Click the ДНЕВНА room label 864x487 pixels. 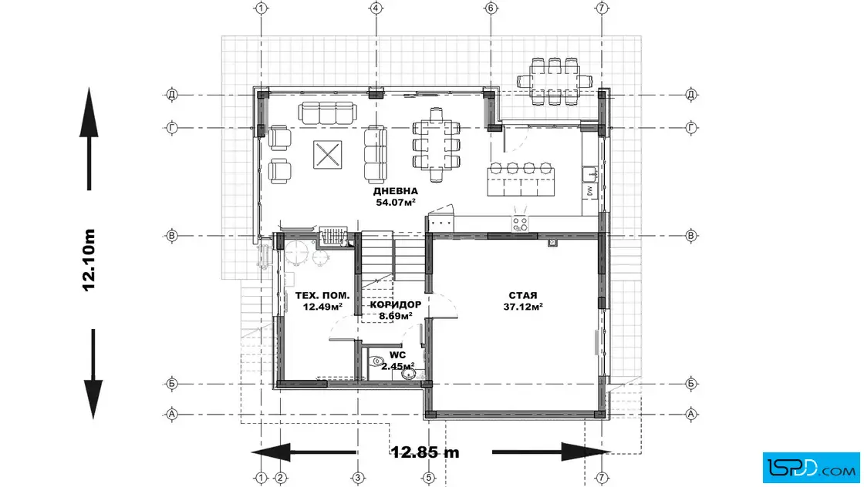pos(396,192)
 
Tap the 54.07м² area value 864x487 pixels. pos(396,202)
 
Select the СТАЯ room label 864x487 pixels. pos(523,295)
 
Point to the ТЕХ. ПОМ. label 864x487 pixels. pos(322,296)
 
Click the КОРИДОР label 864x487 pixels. pos(396,305)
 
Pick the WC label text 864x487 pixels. pos(397,355)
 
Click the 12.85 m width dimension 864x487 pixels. pos(425,452)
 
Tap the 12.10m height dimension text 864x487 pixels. pos(89,260)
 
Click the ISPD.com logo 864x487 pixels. pos(811,468)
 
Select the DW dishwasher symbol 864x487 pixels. pos(589,191)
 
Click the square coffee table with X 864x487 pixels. pos(327,155)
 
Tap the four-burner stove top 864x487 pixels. pos(520,223)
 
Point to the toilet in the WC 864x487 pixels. pos(377,361)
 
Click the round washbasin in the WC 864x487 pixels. pos(409,374)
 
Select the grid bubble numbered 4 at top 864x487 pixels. pos(376,8)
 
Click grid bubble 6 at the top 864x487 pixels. pos(491,8)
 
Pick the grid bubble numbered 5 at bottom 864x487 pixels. pos(428,478)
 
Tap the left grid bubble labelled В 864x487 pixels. pos(172,236)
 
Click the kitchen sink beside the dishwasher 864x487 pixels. pos(590,174)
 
